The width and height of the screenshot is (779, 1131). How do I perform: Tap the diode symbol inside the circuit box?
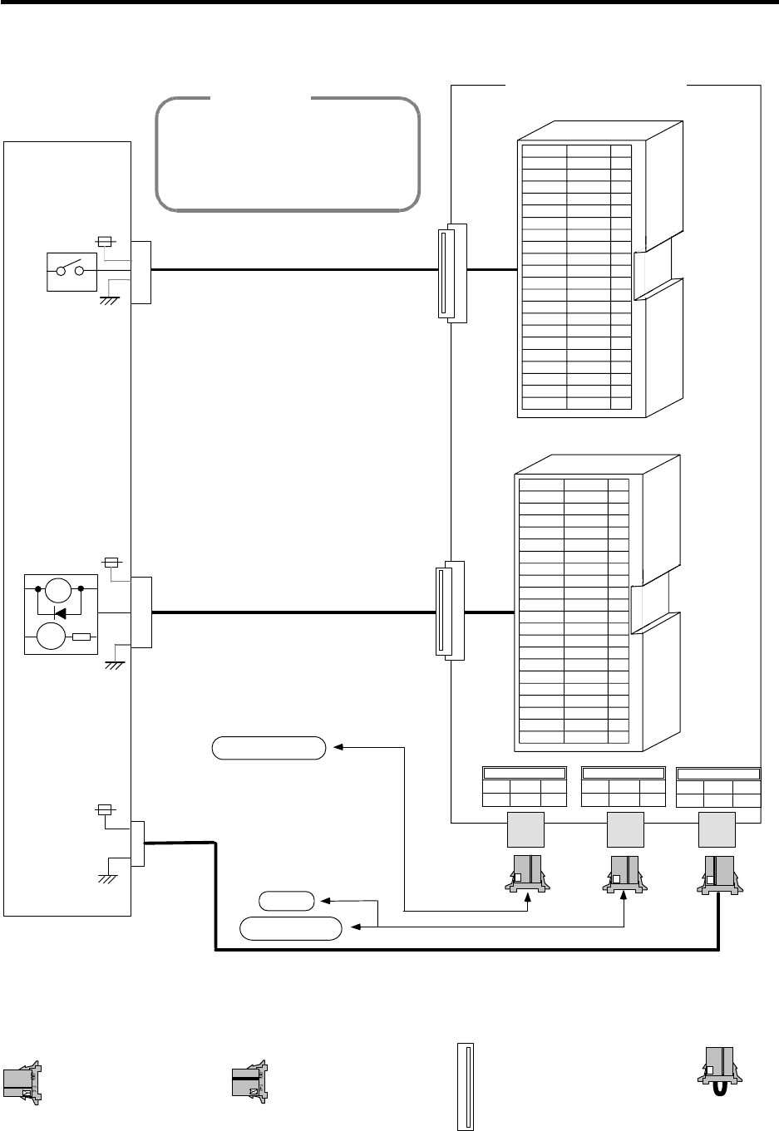tap(60, 613)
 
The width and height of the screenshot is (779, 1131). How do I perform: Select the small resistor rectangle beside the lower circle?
tap(81, 637)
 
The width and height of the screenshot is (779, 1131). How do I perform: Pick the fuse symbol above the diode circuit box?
tap(111, 563)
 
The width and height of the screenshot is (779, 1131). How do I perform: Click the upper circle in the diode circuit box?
tap(57, 592)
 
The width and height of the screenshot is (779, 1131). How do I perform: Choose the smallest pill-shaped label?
tap(287, 900)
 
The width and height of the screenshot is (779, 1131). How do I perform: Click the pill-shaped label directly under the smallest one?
tap(291, 927)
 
